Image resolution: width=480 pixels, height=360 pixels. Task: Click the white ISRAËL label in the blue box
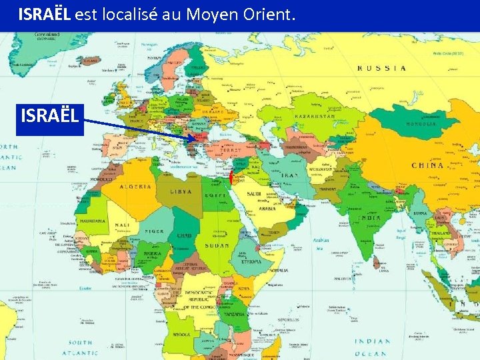point(51,116)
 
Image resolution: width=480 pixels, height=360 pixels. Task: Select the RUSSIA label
point(382,67)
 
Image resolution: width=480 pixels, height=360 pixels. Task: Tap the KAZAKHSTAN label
point(311,115)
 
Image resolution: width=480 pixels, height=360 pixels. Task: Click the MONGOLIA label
point(419,124)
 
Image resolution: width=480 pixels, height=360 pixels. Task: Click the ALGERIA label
point(135,187)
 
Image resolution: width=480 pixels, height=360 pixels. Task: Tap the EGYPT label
point(216,195)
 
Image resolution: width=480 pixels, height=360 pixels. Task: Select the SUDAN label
point(217,246)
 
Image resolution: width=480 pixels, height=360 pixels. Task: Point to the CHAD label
point(185,236)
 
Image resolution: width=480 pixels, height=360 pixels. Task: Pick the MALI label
point(121,225)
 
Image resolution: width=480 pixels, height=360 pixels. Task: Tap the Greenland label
point(47,34)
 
